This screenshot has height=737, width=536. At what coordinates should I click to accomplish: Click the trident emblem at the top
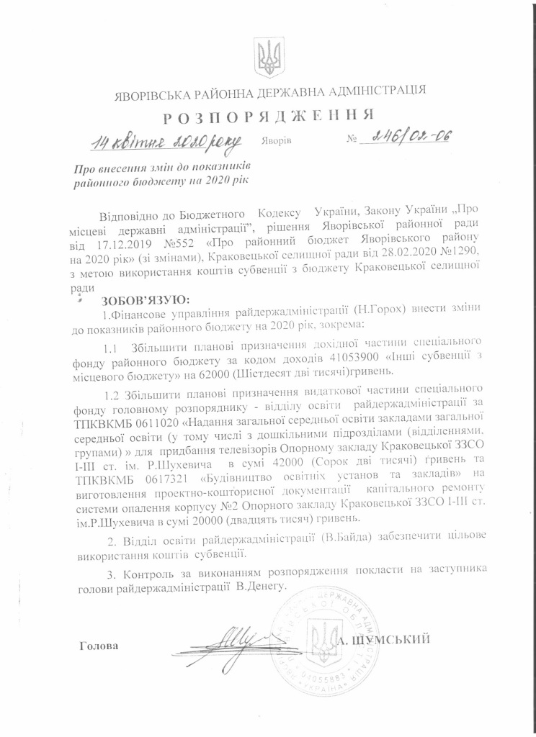pyautogui.click(x=267, y=54)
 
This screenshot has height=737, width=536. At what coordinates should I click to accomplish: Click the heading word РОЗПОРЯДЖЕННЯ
pyautogui.click(x=267, y=116)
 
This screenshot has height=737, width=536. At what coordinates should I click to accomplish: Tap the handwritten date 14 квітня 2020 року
pyautogui.click(x=164, y=141)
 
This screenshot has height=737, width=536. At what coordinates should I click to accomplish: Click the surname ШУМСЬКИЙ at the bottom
pyautogui.click(x=395, y=638)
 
